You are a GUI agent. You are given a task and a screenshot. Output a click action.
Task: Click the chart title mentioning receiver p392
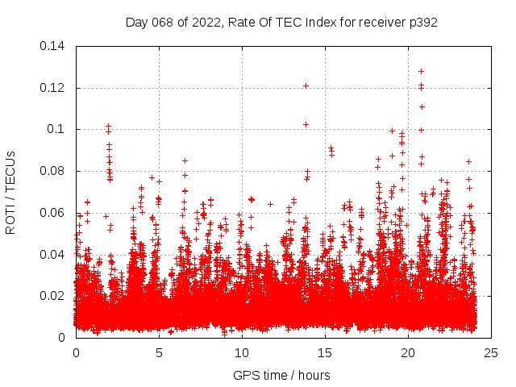(281, 23)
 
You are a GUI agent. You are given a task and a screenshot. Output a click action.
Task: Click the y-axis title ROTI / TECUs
(10, 192)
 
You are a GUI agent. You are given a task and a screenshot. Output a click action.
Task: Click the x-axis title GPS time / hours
(281, 375)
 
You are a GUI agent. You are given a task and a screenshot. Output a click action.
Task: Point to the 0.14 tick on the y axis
(53, 46)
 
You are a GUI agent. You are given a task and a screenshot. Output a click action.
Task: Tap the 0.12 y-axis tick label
(53, 88)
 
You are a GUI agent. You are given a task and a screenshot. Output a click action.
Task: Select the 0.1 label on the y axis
(58, 129)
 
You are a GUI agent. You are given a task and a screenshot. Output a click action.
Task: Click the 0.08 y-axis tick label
(53, 171)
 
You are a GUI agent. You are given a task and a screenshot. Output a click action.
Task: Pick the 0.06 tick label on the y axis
(53, 213)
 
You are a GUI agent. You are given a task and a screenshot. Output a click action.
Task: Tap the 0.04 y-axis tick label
(53, 254)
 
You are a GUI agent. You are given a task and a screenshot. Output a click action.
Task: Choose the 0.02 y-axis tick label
(53, 296)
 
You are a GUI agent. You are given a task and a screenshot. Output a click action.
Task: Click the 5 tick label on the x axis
(159, 352)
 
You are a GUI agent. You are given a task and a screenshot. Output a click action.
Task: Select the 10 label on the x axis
(242, 352)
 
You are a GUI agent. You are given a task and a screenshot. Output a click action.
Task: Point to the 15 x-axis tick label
(325, 352)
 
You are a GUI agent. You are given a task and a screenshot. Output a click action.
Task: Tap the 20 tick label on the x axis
(408, 352)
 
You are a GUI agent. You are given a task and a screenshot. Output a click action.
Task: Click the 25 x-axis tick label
(491, 352)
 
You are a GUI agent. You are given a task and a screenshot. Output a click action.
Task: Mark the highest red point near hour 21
(421, 71)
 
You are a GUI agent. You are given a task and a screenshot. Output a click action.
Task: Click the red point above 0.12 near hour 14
(306, 85)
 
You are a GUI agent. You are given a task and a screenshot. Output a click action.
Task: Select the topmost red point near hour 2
(108, 127)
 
